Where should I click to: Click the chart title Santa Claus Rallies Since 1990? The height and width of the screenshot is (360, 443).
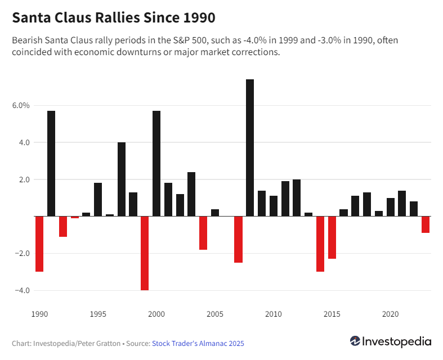[114, 17]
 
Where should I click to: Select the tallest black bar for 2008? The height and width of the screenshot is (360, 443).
[250, 147]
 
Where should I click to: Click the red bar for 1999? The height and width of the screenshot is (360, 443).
[145, 253]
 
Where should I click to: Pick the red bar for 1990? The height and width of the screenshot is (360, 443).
[39, 244]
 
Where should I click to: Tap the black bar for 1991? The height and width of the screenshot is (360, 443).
[51, 163]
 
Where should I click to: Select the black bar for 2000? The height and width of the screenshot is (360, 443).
[156, 163]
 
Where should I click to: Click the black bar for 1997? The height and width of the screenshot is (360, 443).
[122, 179]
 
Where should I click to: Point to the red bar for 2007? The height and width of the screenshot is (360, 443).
[238, 239]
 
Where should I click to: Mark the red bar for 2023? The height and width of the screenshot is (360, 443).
[426, 224]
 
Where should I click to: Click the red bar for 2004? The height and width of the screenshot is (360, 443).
[203, 233]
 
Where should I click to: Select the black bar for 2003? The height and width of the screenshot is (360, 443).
[191, 194]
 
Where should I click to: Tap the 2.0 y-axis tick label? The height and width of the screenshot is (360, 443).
[22, 179]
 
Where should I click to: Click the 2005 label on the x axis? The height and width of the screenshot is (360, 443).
[215, 313]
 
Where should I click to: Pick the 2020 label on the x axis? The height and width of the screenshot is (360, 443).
[390, 313]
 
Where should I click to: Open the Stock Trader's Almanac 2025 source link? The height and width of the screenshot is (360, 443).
[198, 343]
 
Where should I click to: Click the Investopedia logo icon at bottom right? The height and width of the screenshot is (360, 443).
[355, 341]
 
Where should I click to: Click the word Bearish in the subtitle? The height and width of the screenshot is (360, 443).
[26, 40]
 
